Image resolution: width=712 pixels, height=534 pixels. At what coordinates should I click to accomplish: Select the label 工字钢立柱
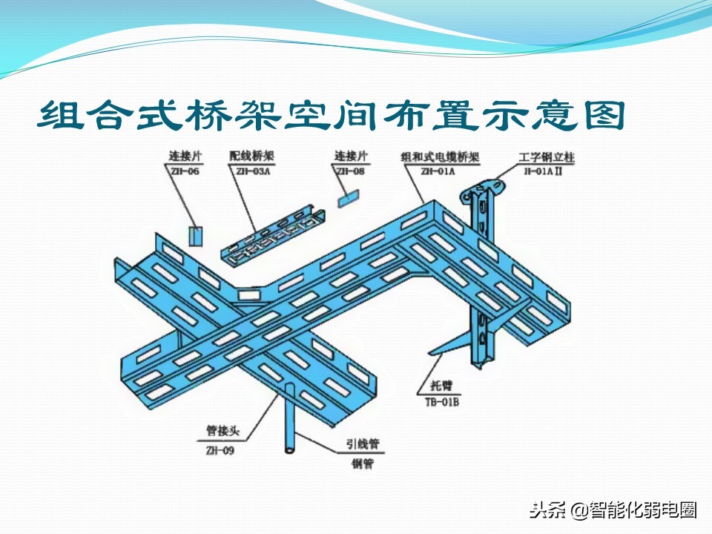(547, 158)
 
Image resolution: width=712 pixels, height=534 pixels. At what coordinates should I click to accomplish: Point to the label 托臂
(440, 388)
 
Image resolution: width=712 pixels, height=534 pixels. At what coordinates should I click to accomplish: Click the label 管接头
(220, 430)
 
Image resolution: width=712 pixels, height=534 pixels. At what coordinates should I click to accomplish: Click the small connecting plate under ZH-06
(194, 235)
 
